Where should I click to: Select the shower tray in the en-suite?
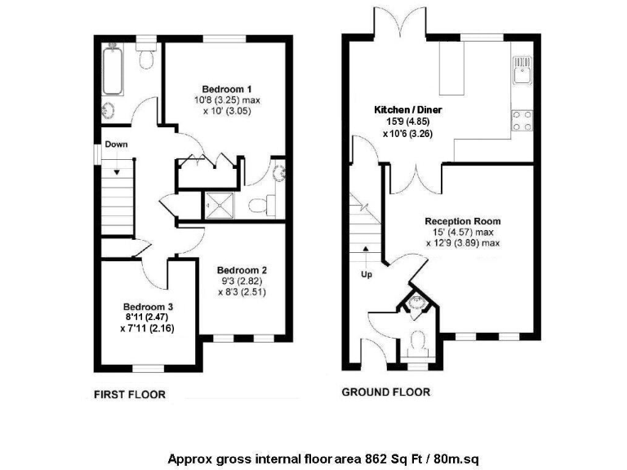[x=220, y=204]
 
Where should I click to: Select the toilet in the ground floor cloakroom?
[x=418, y=340]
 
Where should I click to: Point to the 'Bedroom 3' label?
[x=148, y=307]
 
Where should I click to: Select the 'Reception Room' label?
[x=462, y=221]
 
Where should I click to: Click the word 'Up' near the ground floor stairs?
[x=367, y=274]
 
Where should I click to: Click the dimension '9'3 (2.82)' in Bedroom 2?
[x=242, y=281]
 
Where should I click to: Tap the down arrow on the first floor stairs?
[x=118, y=169]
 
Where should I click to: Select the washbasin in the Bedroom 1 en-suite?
[x=278, y=172]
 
